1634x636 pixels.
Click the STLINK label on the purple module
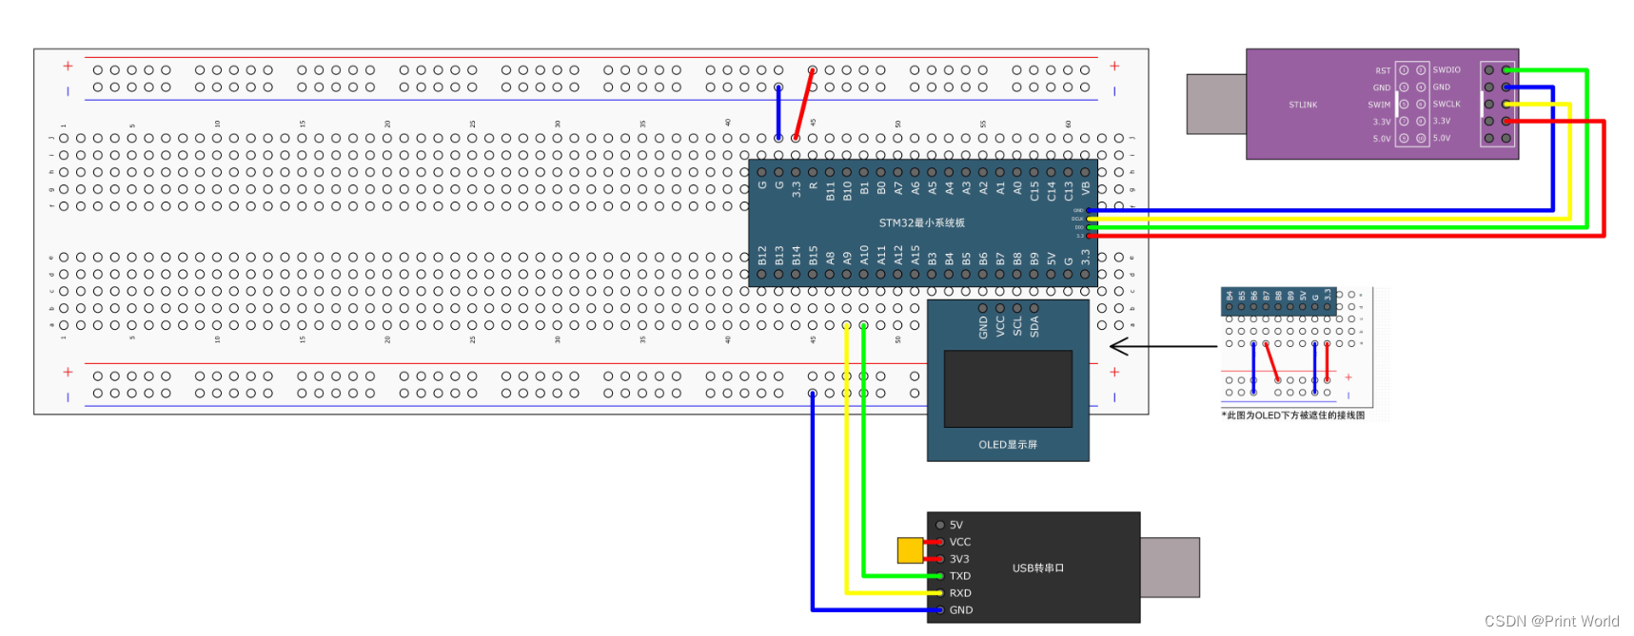click(x=1303, y=105)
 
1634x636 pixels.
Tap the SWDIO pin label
click(x=1447, y=69)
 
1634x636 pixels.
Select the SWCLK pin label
click(x=1447, y=104)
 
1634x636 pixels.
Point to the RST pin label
click(x=1383, y=70)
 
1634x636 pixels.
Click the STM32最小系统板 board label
click(x=921, y=223)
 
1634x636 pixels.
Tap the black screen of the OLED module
click(x=1008, y=388)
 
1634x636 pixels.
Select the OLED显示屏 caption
click(x=1008, y=445)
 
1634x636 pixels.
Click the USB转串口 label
click(x=1038, y=568)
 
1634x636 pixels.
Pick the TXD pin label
click(x=960, y=576)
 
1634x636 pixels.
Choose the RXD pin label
click(x=960, y=593)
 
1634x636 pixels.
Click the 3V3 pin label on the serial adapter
click(x=959, y=559)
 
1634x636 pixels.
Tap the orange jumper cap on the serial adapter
click(x=910, y=550)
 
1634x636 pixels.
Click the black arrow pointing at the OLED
click(x=1161, y=346)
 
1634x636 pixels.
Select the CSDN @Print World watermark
click(x=1551, y=621)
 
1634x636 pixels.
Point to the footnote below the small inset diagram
click(x=1293, y=415)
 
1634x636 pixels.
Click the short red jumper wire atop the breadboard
click(x=804, y=104)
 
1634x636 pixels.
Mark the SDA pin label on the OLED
click(x=1034, y=327)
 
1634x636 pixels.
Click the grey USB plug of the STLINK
click(x=1216, y=104)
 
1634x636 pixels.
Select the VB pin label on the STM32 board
click(x=1086, y=189)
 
